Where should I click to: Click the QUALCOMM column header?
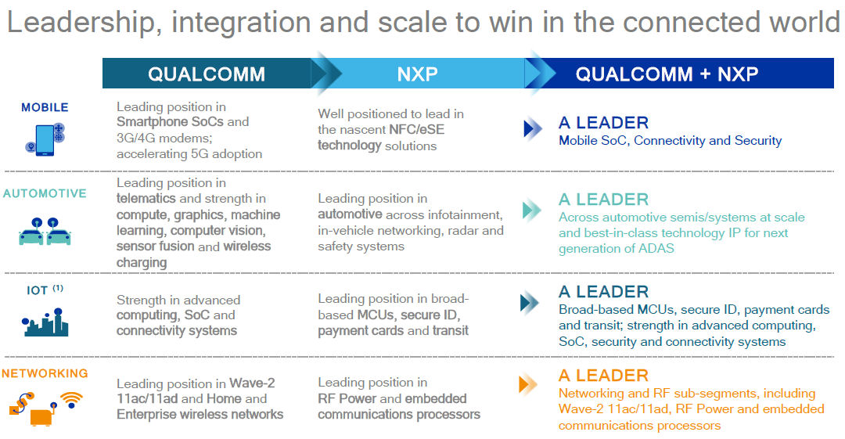207,74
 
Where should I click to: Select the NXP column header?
418,74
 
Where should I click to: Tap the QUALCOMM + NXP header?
667,74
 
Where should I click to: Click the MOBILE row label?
45,107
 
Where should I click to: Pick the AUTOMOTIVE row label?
45,193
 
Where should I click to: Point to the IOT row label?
38,290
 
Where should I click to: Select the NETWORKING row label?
45,373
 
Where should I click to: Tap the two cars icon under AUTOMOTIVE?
45,232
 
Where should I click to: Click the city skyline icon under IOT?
45,322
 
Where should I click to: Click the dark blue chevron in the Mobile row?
533,129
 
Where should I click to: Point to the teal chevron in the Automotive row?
532,210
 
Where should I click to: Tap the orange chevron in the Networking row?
527,384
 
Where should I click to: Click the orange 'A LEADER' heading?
603,376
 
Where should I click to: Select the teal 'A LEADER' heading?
603,200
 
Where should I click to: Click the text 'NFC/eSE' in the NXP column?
416,129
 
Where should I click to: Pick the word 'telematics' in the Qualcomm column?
146,199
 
